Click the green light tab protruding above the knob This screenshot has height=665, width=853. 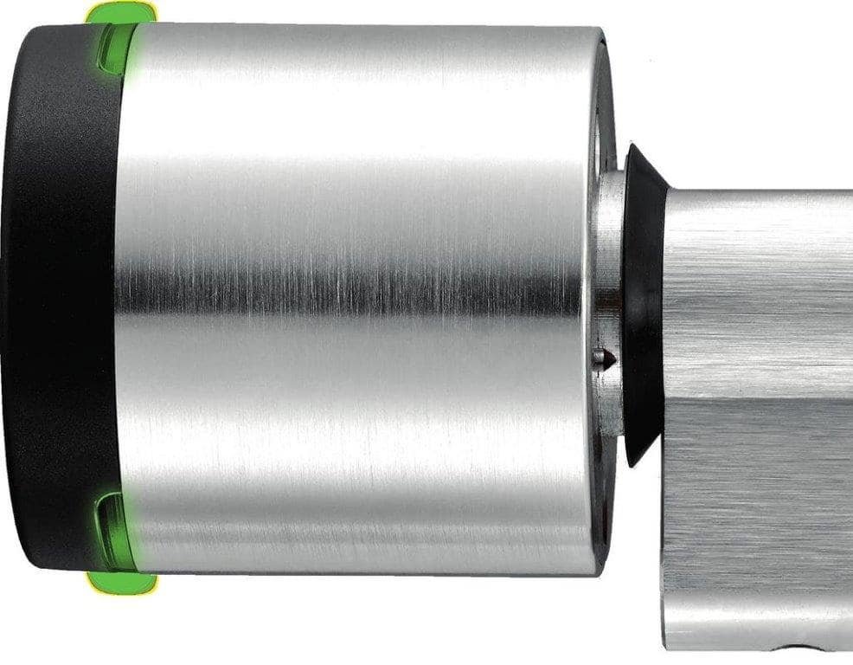click(x=121, y=12)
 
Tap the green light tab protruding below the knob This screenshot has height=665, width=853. click(x=121, y=583)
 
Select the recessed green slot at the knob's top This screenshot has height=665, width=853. click(x=116, y=50)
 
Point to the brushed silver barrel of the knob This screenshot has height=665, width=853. click(x=346, y=173)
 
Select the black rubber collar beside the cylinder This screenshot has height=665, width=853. click(x=644, y=303)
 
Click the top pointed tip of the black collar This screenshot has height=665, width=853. click(x=634, y=150)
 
